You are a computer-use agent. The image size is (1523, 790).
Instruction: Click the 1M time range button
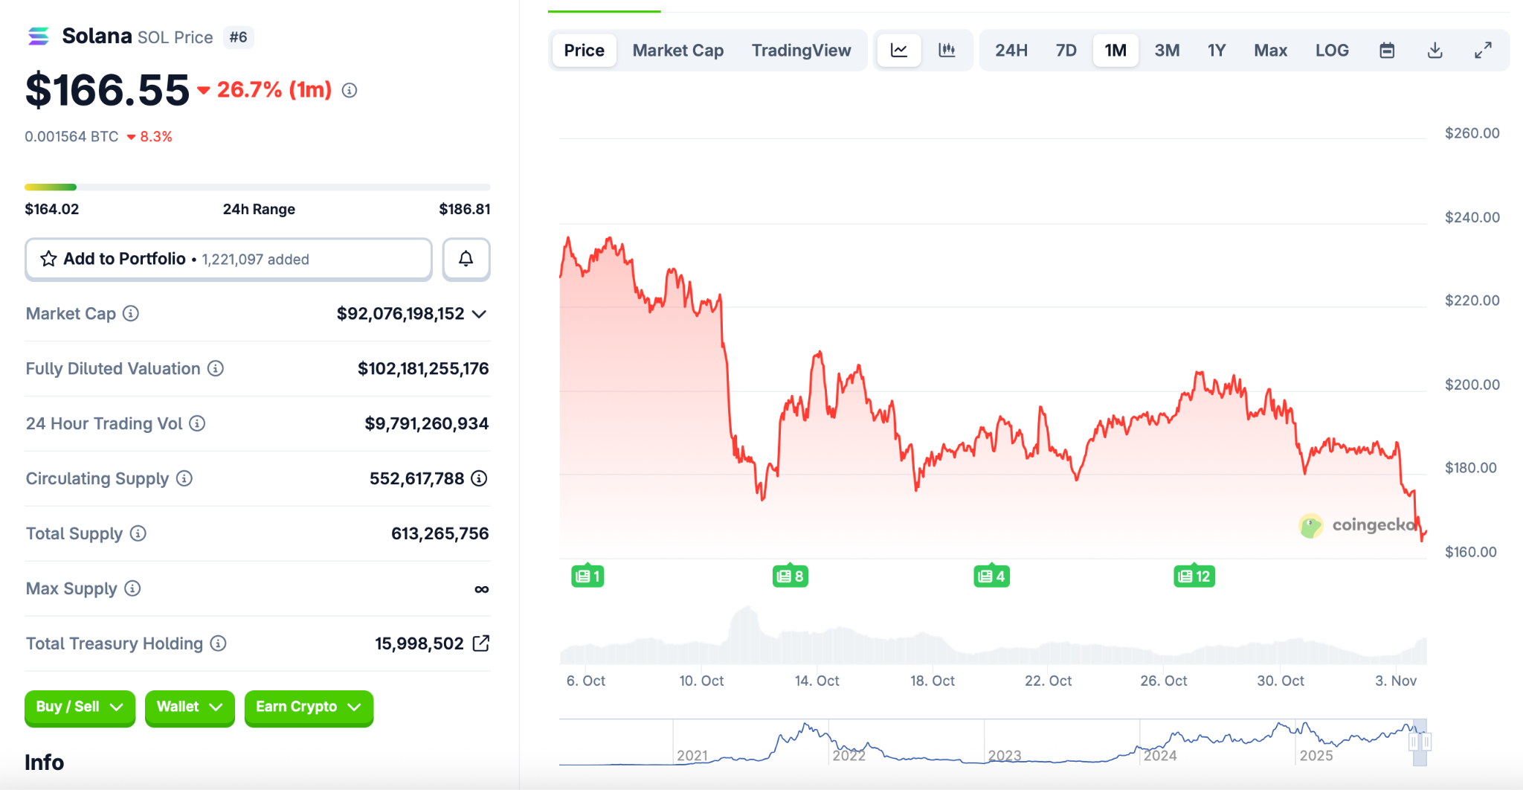tap(1115, 51)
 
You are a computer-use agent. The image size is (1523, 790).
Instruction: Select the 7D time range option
tap(1066, 51)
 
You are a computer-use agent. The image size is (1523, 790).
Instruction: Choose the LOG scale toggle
tap(1331, 51)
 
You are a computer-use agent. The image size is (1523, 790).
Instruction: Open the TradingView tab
tap(801, 51)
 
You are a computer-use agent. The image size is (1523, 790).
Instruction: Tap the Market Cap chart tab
tap(677, 51)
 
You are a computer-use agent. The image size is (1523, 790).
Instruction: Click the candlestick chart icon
tap(947, 51)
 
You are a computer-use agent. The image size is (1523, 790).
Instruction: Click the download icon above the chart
tap(1435, 51)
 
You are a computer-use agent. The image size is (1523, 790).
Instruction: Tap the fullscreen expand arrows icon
tap(1483, 51)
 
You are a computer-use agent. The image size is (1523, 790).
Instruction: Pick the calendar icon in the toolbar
tap(1387, 51)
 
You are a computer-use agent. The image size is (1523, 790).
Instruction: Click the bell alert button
tap(466, 259)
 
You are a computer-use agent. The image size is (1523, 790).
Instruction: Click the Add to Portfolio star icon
tap(49, 259)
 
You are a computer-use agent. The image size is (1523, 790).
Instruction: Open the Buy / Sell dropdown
tap(80, 707)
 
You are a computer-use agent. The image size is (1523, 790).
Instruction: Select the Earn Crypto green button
tap(309, 707)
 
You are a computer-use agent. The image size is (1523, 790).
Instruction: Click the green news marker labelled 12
tap(1194, 577)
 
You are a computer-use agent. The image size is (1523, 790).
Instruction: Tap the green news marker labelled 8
tap(790, 577)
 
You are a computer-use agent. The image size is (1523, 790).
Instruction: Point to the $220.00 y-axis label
tap(1472, 301)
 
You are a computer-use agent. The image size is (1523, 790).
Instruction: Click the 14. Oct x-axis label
tap(817, 681)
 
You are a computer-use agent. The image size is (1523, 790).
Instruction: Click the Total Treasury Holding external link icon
tap(481, 643)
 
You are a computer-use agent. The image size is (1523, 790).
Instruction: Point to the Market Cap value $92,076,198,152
tap(400, 314)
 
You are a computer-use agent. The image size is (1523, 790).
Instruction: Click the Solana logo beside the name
tap(39, 36)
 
